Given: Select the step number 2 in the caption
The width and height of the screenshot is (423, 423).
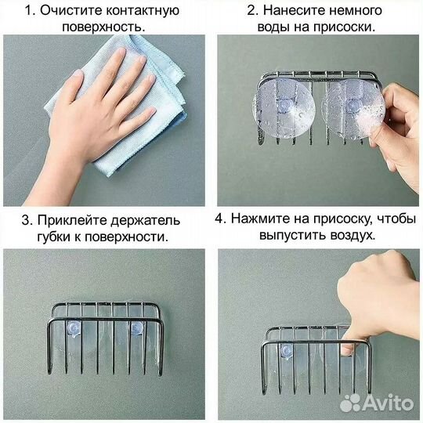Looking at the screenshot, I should (x=251, y=12).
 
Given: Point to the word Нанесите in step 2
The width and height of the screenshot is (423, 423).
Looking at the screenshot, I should (x=292, y=12).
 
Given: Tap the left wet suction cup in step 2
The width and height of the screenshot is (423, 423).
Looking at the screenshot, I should (x=283, y=109).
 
